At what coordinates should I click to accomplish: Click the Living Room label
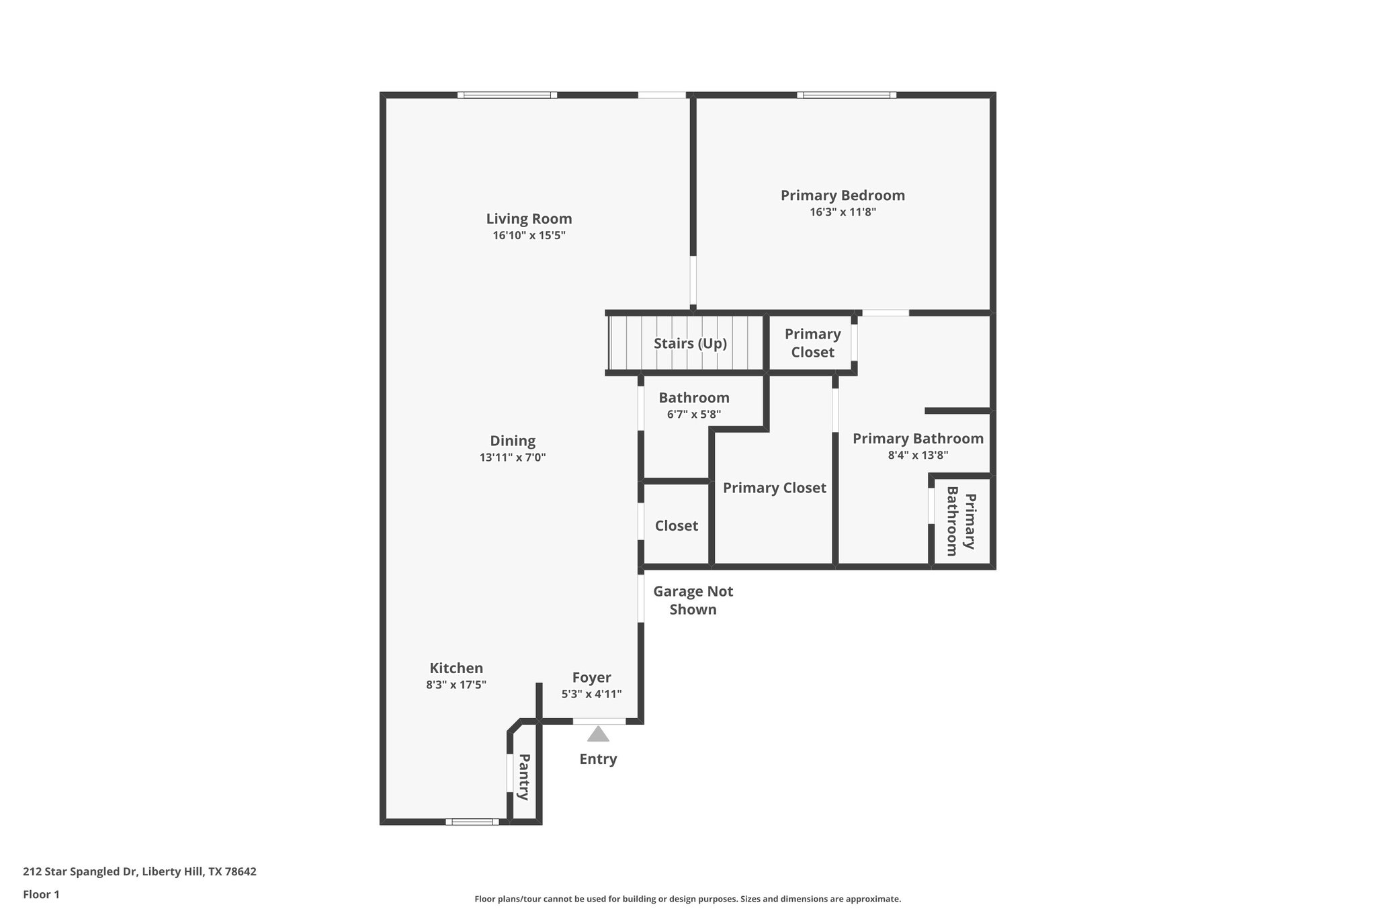(529, 219)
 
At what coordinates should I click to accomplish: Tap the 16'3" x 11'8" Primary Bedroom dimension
(843, 212)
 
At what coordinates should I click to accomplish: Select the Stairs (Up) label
(690, 343)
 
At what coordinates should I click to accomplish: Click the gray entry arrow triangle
(598, 734)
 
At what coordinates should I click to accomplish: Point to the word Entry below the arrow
(598, 759)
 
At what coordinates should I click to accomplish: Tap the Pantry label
(524, 777)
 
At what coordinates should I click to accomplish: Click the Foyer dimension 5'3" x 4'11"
(591, 695)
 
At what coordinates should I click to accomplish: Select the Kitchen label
(456, 668)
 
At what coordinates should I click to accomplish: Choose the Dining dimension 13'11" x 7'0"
(512, 457)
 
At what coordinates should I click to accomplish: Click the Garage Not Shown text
(693, 600)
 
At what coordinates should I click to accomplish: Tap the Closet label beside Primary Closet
(676, 526)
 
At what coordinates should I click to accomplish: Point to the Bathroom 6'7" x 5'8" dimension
(693, 414)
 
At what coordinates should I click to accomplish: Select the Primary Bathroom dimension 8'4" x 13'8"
(918, 455)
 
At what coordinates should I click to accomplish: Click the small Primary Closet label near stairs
(812, 343)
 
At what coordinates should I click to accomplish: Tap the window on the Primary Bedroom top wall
(847, 95)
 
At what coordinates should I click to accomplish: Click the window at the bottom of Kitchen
(472, 821)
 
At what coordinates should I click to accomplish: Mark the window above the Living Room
(507, 95)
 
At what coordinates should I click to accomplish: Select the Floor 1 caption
(41, 894)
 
